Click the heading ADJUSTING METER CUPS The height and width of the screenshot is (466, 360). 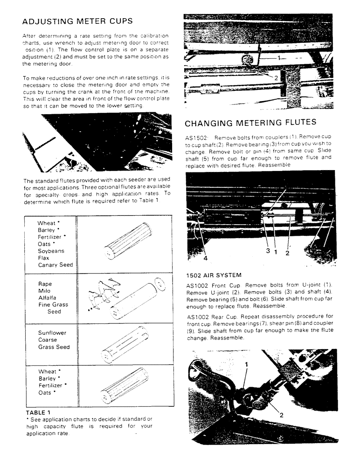click(x=77, y=21)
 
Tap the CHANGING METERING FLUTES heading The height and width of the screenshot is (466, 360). click(x=251, y=123)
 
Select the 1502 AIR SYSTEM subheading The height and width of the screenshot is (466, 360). click(x=213, y=275)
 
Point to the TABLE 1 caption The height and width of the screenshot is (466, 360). click(x=39, y=412)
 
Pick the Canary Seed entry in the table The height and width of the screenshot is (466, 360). click(x=55, y=265)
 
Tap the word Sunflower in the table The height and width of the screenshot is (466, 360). click(x=52, y=333)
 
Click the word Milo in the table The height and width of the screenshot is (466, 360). click(x=45, y=291)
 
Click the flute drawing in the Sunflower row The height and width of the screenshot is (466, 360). click(x=124, y=346)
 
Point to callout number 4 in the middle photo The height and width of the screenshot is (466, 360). click(x=206, y=257)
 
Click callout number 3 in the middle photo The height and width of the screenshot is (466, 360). click(x=268, y=251)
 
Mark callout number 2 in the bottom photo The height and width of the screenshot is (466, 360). click(x=282, y=413)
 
